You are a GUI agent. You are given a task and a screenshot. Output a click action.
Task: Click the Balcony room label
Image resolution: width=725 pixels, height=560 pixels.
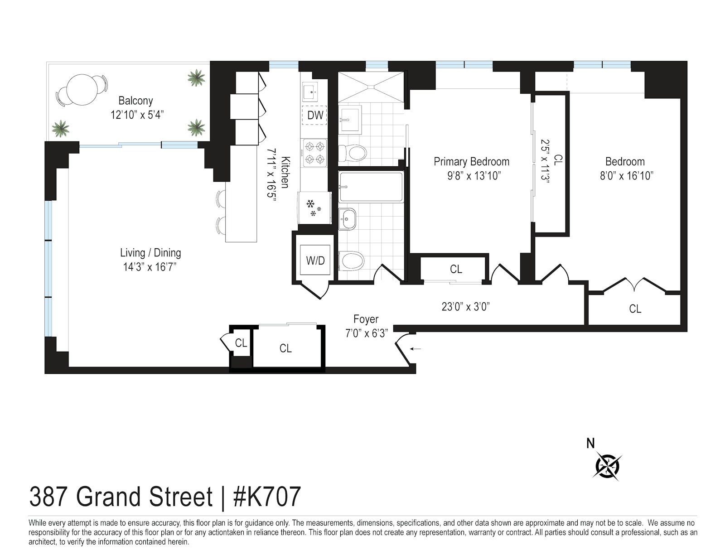pos(135,101)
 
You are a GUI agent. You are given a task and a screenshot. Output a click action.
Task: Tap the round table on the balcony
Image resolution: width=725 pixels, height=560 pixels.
pos(82,89)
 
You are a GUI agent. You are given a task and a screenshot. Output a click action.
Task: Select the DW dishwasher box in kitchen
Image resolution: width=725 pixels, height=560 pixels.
pos(315,115)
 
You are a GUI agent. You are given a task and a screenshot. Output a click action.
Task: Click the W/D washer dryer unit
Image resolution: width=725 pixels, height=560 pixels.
pos(315,261)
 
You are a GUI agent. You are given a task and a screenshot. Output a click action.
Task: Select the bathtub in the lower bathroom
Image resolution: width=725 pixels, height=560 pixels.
pos(371,187)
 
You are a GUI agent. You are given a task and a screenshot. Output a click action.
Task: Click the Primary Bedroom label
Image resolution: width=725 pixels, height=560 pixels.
pos(471,162)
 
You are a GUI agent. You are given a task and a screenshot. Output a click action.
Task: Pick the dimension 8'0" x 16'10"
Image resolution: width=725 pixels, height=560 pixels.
pos(626,176)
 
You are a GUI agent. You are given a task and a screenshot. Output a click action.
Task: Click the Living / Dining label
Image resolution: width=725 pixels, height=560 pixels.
pos(150,253)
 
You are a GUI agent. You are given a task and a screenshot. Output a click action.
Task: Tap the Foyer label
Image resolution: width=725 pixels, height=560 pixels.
pos(366,319)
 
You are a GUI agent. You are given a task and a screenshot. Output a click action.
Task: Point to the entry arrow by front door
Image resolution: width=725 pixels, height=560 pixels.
pos(416,348)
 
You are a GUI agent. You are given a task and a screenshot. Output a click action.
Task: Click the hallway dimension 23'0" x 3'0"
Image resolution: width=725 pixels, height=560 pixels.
pos(466,307)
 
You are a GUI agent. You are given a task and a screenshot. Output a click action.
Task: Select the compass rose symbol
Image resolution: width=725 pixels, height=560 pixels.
pos(607,465)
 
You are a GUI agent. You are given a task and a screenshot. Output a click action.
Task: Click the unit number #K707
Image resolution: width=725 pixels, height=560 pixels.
pos(266,497)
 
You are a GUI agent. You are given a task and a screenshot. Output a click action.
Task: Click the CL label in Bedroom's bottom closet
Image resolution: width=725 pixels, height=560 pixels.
pos(635,309)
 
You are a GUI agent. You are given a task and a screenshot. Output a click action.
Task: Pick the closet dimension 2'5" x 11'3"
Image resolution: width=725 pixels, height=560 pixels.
pos(545,161)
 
